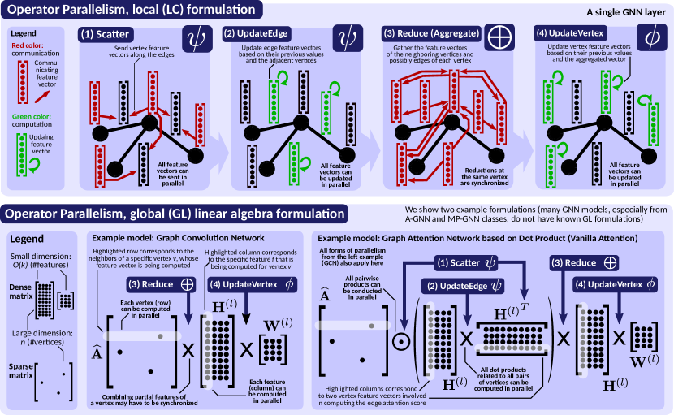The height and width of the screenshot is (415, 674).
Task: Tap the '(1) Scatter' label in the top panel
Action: point(106,36)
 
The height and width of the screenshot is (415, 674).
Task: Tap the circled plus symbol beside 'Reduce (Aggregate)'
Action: point(500,37)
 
